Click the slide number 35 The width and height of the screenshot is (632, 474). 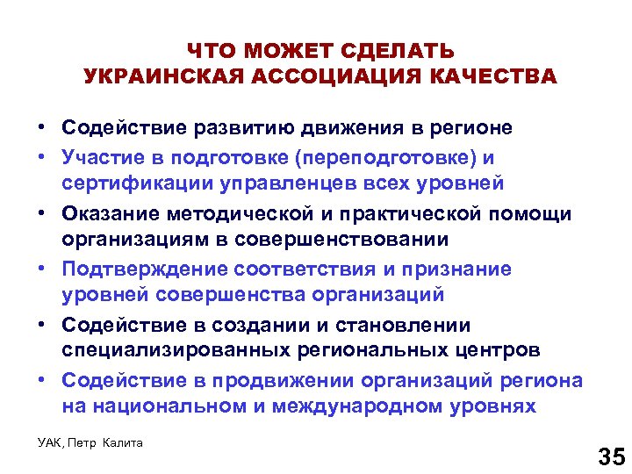[x=610, y=456]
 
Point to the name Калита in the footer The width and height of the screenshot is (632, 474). [x=121, y=442]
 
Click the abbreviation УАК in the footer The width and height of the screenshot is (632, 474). [x=49, y=442]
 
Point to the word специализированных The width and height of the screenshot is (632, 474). [x=160, y=350]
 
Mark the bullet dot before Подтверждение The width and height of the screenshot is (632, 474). [x=42, y=269]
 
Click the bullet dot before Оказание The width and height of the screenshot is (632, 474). [x=42, y=213]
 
